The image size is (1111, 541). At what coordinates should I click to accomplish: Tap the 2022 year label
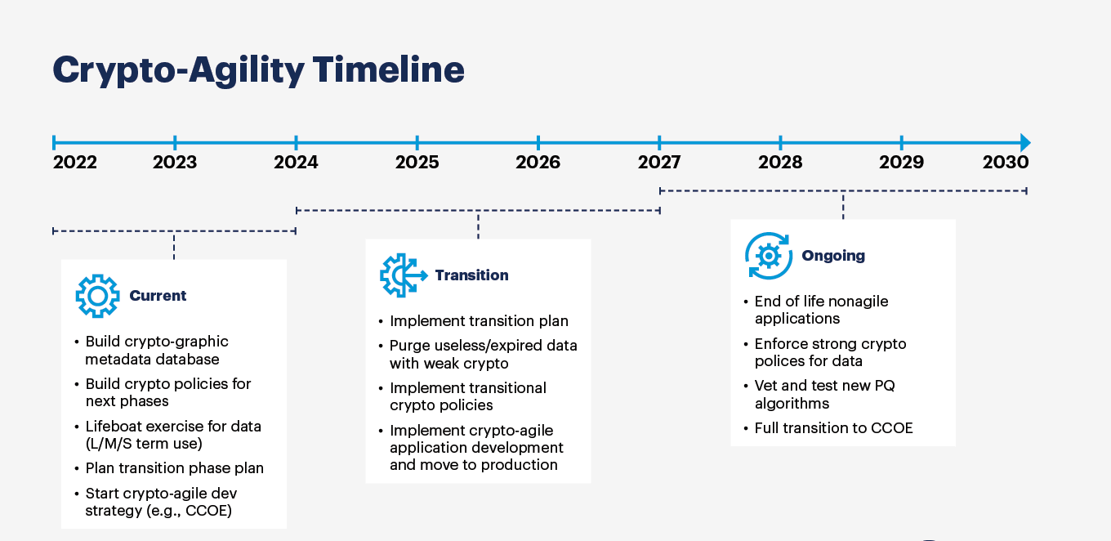click(x=74, y=162)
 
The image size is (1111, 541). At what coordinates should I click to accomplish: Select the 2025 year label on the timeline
click(x=417, y=162)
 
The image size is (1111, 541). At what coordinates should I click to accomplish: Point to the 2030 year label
click(x=1006, y=162)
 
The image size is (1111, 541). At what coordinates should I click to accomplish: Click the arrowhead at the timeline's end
click(x=1024, y=142)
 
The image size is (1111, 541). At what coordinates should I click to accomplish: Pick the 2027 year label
click(x=659, y=162)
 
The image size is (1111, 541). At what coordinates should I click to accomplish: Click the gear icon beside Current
click(x=97, y=296)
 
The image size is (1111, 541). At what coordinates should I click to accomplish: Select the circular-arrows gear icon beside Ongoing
click(x=769, y=256)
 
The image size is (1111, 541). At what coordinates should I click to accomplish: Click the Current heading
click(x=158, y=296)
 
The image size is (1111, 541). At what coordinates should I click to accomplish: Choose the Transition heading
click(x=471, y=275)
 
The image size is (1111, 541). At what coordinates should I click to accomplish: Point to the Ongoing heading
click(x=833, y=256)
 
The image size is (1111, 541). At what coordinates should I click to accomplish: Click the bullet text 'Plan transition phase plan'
click(x=174, y=468)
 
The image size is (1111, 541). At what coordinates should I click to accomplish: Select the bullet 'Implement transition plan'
click(x=479, y=321)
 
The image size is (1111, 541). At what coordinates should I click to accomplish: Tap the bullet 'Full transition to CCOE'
click(x=833, y=428)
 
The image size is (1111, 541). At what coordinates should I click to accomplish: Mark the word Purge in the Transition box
click(x=409, y=346)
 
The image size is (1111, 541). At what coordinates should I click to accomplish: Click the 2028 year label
click(x=780, y=162)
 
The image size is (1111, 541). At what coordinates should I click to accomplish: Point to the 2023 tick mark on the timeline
click(x=175, y=142)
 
